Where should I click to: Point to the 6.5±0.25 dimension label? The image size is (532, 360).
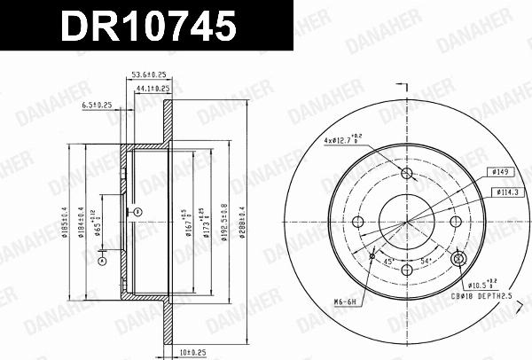(x=97, y=104)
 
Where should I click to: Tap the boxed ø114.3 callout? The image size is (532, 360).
(x=508, y=192)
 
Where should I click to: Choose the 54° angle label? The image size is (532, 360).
(x=424, y=261)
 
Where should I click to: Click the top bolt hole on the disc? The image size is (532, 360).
(x=408, y=173)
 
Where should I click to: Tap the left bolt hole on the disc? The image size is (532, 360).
(x=358, y=222)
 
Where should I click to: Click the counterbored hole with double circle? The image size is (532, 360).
(x=458, y=259)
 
